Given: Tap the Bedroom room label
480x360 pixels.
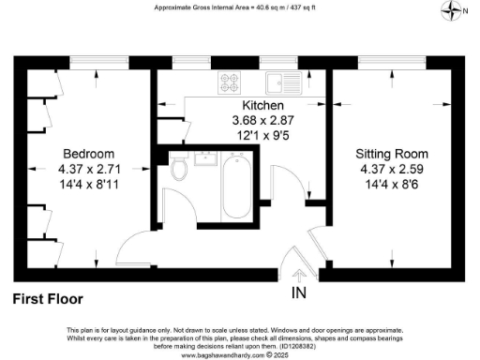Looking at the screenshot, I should [89, 154].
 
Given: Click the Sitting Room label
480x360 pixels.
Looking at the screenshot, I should [392, 154].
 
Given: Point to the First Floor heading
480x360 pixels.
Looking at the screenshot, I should [48, 299].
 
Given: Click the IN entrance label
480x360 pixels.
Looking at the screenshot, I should [299, 292].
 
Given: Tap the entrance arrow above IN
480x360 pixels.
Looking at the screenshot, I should [299, 276].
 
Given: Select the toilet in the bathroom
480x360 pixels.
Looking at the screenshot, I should [179, 170].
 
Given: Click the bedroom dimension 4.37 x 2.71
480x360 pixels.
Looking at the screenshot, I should [89, 169].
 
